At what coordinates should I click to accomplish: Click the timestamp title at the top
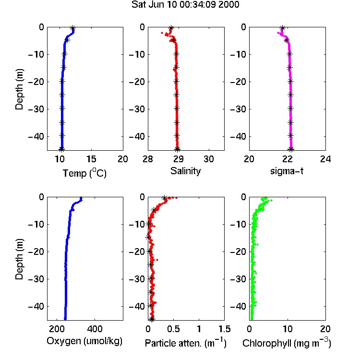click(185, 5)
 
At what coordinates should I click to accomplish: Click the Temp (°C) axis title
click(84, 173)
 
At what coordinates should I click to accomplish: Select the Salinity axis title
click(185, 171)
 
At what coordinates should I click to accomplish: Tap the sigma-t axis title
click(287, 171)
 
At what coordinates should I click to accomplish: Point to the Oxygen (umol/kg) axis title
click(84, 341)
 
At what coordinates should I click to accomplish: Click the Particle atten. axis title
click(185, 343)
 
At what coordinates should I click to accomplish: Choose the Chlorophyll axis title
click(287, 343)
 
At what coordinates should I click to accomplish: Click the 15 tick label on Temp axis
click(91, 159)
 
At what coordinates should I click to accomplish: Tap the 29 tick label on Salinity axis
click(179, 159)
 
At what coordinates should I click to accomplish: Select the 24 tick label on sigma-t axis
click(325, 159)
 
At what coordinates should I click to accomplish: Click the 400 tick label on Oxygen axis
click(95, 329)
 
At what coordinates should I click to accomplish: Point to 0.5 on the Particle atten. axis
click(173, 329)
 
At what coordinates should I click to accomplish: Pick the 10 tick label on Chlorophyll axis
click(288, 329)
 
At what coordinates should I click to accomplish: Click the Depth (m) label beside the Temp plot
click(19, 89)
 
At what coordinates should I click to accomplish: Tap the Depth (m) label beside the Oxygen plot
click(19, 259)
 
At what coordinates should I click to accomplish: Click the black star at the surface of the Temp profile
click(73, 28)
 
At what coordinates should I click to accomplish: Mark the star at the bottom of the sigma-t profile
click(291, 149)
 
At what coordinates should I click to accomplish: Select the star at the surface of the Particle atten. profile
click(164, 198)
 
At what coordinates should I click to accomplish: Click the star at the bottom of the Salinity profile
click(177, 149)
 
